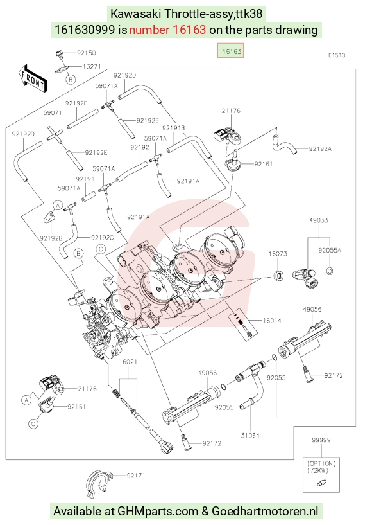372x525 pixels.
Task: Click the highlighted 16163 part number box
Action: tap(231, 51)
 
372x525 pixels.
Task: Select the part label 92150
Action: tap(86, 53)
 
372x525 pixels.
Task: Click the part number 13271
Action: tap(91, 66)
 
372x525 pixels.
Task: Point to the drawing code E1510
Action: tap(337, 55)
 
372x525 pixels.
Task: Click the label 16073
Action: tap(278, 254)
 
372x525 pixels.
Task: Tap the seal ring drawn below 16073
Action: tap(278, 276)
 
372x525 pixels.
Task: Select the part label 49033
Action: tap(319, 220)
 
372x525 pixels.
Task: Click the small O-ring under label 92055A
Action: tap(330, 271)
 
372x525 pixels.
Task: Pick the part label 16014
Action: tap(272, 321)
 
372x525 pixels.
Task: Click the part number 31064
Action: tap(250, 435)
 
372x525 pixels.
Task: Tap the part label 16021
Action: tap(128, 362)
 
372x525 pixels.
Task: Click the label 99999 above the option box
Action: tap(321, 440)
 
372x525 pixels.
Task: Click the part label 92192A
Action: tap(320, 148)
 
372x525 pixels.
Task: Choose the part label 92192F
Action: tap(76, 103)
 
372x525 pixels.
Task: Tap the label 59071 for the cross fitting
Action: tap(53, 113)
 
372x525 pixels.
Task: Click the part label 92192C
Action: tap(102, 238)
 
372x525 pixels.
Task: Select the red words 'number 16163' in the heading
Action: tap(167, 30)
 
